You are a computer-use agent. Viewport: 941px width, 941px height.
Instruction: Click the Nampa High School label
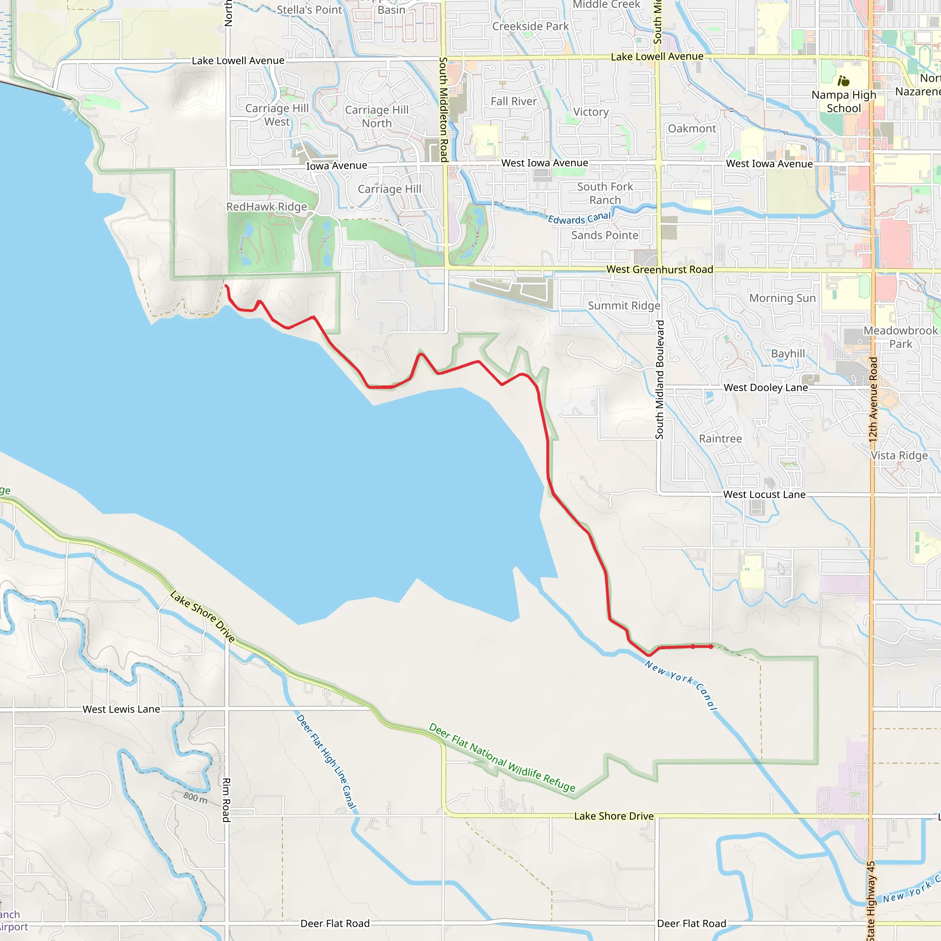point(844,101)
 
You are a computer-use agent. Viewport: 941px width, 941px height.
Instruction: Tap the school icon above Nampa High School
point(844,80)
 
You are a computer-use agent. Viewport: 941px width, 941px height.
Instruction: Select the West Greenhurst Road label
point(659,269)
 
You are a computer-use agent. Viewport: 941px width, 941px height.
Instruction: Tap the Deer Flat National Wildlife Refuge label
point(502,757)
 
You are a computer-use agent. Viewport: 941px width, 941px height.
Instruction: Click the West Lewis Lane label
point(121,709)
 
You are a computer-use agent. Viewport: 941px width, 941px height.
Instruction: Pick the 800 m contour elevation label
point(195,797)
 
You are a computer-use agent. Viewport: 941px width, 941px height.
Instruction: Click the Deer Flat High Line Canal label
point(326,762)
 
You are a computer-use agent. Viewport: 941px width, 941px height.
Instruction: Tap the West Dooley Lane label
point(765,388)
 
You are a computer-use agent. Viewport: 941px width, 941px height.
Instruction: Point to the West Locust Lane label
point(764,494)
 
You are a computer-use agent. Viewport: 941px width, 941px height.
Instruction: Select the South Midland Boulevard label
point(659,380)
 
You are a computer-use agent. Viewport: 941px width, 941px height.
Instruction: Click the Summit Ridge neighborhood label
point(624,306)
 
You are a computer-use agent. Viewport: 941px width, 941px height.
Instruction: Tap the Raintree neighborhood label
point(720,439)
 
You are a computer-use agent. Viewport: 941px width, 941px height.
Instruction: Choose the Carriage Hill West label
point(277,115)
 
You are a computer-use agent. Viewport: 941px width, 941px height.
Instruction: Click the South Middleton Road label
point(443,110)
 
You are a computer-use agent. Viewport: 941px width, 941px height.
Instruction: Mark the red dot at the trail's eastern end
point(711,647)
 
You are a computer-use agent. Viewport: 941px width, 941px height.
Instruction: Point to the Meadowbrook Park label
point(900,337)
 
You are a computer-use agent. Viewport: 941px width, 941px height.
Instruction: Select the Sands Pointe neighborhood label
point(605,235)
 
